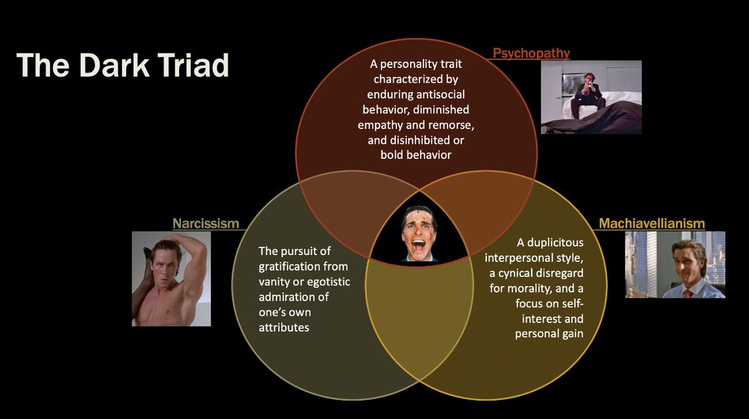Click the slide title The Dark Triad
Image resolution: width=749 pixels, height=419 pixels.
(x=123, y=65)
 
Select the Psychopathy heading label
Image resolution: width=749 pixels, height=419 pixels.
(x=531, y=53)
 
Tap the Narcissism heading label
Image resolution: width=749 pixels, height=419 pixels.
(x=206, y=223)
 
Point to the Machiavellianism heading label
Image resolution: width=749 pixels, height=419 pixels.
(x=652, y=223)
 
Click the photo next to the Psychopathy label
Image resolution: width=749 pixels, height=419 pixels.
(x=590, y=97)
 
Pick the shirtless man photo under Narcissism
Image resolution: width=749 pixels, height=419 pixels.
(x=171, y=279)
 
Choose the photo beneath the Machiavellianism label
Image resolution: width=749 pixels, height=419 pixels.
(x=675, y=264)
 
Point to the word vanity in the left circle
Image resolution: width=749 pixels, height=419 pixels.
(x=275, y=282)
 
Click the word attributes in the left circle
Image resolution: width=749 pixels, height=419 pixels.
(x=284, y=327)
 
